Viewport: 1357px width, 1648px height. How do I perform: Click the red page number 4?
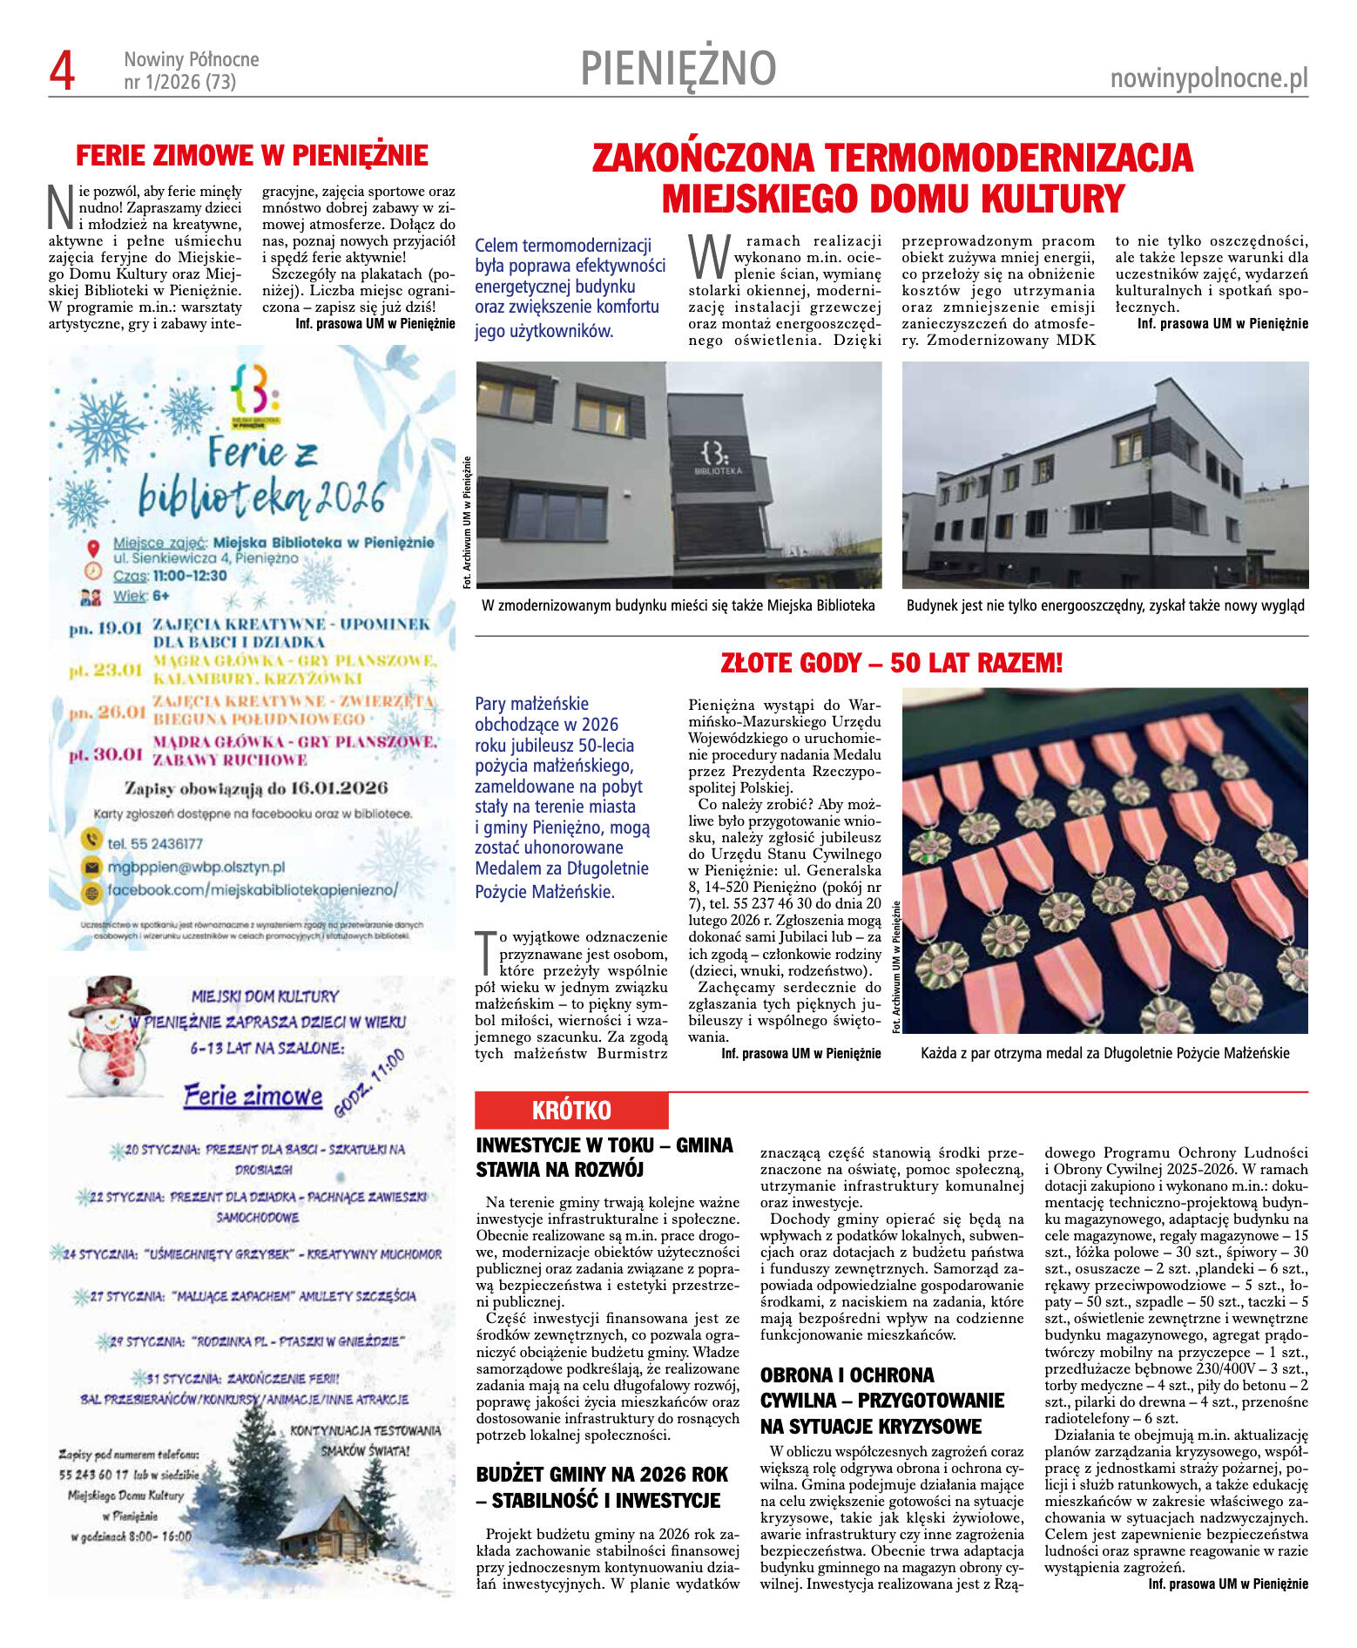[62, 71]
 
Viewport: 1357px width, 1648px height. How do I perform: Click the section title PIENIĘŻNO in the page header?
[678, 69]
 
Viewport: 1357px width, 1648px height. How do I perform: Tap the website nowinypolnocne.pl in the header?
[1208, 79]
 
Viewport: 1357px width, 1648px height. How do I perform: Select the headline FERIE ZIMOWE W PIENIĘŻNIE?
[252, 156]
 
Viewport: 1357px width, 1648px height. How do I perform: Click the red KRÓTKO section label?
[571, 1111]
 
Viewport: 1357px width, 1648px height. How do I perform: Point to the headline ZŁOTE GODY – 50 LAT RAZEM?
[891, 664]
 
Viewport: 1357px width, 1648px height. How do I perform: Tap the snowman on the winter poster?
[108, 1036]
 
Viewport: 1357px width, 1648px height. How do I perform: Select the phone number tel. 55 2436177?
[154, 843]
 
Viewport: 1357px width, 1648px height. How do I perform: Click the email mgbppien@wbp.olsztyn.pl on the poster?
[196, 868]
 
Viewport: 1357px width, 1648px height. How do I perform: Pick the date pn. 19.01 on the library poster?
[105, 628]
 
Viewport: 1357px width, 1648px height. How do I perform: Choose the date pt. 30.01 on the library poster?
[105, 754]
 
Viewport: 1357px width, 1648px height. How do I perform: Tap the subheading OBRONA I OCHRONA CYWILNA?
[881, 1401]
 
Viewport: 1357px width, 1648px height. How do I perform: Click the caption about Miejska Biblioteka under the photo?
[678, 605]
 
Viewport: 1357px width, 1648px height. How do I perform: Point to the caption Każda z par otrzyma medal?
[1104, 1053]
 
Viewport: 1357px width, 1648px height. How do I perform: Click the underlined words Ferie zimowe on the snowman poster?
[253, 1096]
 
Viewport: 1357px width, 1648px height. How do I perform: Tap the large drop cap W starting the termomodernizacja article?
[709, 256]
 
